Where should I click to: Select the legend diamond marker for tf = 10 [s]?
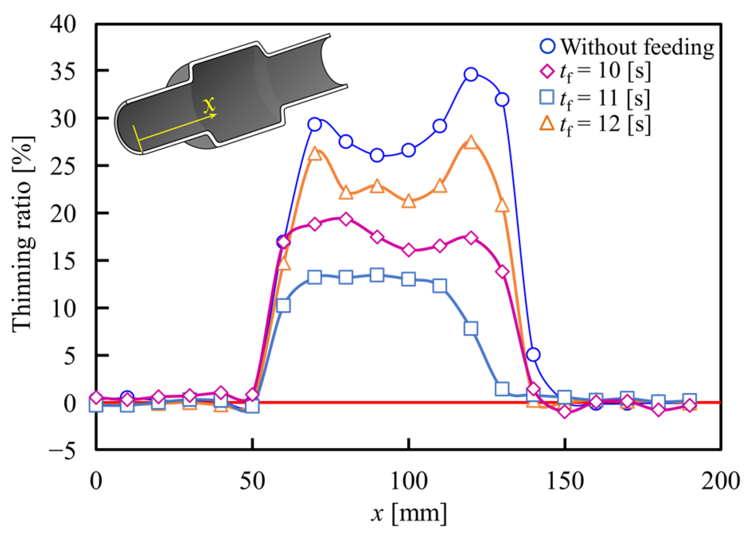547,72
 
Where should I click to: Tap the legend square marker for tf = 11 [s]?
547,97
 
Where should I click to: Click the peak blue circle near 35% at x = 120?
471,74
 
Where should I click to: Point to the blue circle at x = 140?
533,354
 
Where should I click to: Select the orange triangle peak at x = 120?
471,143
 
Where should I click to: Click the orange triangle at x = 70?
315,154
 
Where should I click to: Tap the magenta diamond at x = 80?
346,219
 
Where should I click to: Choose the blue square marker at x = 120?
471,328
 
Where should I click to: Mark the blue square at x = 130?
502,389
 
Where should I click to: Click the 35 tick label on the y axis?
63,72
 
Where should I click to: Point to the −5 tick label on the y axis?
62,451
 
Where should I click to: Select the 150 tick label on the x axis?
565,480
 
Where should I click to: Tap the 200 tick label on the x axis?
720,480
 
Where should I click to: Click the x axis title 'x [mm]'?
409,514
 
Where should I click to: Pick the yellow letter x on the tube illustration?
209,105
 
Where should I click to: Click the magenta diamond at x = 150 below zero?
565,412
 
